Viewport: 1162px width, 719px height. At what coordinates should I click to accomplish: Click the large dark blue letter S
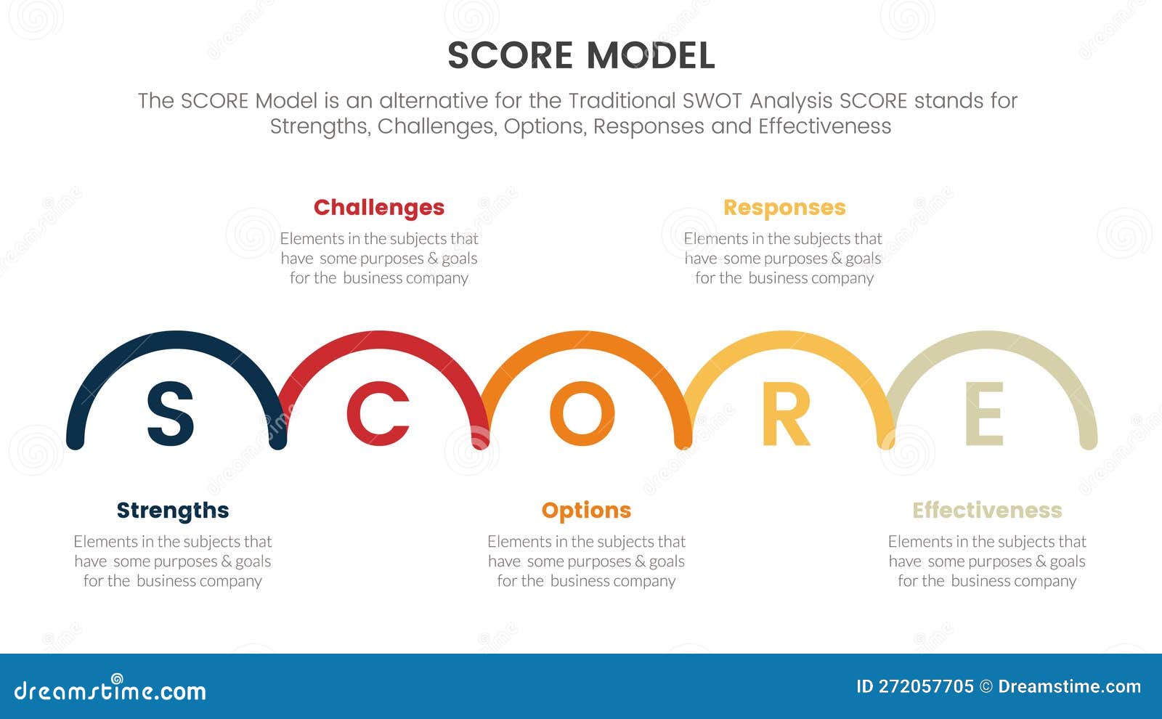pos(171,414)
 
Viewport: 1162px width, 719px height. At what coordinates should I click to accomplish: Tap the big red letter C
pos(378,414)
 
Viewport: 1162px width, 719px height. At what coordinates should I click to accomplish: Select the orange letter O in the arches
pos(582,414)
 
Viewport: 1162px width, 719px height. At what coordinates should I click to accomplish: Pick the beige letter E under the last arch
pos(985,414)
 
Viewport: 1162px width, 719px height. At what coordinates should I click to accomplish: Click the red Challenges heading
pos(378,208)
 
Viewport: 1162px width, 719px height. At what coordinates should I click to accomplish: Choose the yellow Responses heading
pos(784,208)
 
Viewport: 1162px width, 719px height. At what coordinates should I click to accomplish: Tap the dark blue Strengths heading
pos(173,511)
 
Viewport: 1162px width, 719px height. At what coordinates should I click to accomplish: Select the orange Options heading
pos(586,511)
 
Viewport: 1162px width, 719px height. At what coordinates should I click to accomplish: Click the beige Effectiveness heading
pos(987,511)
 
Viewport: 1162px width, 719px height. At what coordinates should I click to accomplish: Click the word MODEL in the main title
pos(651,56)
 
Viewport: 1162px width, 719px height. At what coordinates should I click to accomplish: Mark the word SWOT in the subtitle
pos(712,100)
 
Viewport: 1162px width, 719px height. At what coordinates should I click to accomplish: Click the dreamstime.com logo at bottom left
pos(110,690)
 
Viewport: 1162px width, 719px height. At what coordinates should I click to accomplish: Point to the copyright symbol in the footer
pos(986,687)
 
